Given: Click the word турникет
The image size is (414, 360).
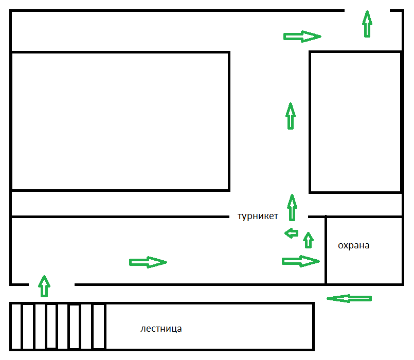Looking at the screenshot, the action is pyautogui.click(x=258, y=217).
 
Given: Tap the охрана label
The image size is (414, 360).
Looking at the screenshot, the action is pyautogui.click(x=353, y=246).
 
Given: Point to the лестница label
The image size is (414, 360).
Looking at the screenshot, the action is pyautogui.click(x=161, y=329).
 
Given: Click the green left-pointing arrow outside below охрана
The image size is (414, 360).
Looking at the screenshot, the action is pyautogui.click(x=349, y=298).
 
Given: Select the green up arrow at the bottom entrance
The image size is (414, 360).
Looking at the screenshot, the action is pyautogui.click(x=44, y=286).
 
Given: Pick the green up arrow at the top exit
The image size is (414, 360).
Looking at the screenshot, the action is pyautogui.click(x=367, y=24).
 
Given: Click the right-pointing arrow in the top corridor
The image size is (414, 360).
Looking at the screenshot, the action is pyautogui.click(x=302, y=37).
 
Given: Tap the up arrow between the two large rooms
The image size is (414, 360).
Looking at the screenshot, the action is pyautogui.click(x=291, y=116).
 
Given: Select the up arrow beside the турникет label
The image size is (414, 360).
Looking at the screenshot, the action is pyautogui.click(x=292, y=208).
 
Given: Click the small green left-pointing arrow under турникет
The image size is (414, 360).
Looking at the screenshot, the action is pyautogui.click(x=291, y=233).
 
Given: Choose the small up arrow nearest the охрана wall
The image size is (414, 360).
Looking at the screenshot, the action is pyautogui.click(x=309, y=240).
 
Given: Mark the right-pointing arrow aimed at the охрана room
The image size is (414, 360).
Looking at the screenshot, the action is pyautogui.click(x=301, y=261).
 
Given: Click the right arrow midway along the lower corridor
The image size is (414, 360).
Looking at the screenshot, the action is pyautogui.click(x=148, y=262).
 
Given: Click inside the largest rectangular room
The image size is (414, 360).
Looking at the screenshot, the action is pyautogui.click(x=120, y=121).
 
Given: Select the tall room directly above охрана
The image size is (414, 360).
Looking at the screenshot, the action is pyautogui.click(x=355, y=122).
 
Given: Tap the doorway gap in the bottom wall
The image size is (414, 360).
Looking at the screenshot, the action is pyautogui.click(x=51, y=284).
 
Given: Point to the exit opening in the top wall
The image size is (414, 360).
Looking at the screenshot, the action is pyautogui.click(x=367, y=11).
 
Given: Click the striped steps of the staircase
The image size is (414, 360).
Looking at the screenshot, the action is pyautogui.click(x=58, y=327).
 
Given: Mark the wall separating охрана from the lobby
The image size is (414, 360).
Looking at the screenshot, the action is pyautogui.click(x=326, y=250).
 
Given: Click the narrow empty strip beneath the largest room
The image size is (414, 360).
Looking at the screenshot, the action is pyautogui.click(x=120, y=204).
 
